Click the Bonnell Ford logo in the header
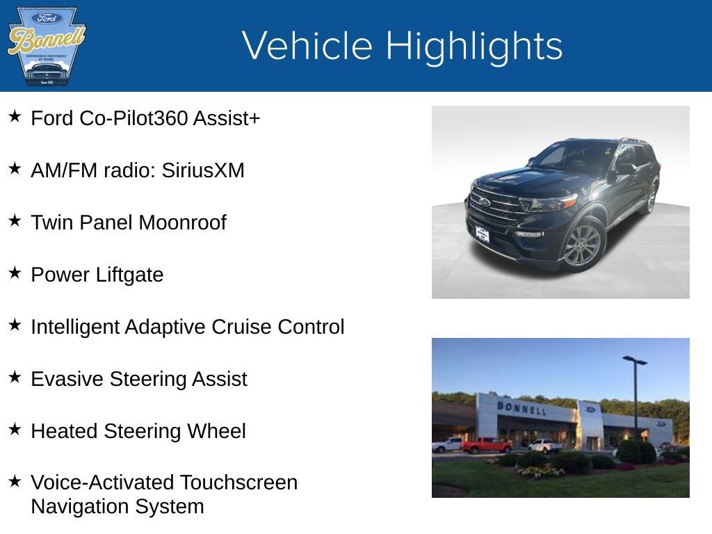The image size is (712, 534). click(x=46, y=46)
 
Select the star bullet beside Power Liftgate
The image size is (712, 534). click(x=15, y=273)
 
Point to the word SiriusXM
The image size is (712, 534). click(x=203, y=170)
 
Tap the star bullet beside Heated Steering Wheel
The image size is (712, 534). click(x=15, y=430)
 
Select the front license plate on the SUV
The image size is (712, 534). click(x=482, y=234)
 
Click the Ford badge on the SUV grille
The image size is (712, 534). click(x=484, y=202)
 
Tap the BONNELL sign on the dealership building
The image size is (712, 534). click(x=521, y=408)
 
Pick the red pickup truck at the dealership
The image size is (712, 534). click(x=486, y=445)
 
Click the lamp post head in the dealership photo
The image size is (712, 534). click(x=634, y=360)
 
